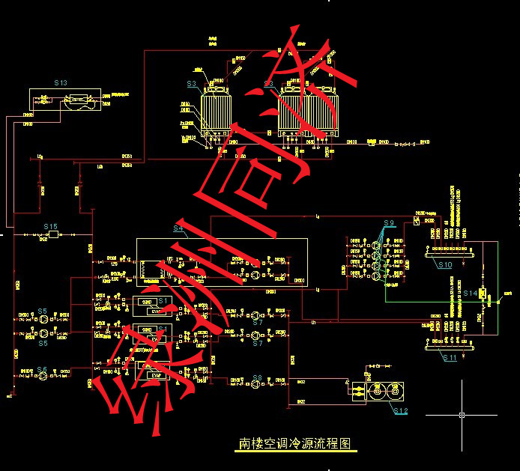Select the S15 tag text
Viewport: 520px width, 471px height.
[50, 225]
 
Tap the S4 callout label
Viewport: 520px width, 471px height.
[178, 228]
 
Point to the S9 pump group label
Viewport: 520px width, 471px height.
[388, 223]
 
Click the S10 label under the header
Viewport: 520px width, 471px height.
[445, 265]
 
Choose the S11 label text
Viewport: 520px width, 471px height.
[450, 359]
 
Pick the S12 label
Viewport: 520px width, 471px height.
[401, 411]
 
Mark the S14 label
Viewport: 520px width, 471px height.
[470, 292]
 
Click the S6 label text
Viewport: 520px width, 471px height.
[43, 370]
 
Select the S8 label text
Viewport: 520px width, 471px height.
[257, 377]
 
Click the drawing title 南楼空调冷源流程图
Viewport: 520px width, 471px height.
[294, 443]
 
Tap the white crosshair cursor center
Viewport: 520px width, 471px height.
[462, 414]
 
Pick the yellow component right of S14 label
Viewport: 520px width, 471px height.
[484, 294]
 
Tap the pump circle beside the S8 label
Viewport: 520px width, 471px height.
[256, 386]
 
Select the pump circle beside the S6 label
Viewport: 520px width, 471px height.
[43, 379]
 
